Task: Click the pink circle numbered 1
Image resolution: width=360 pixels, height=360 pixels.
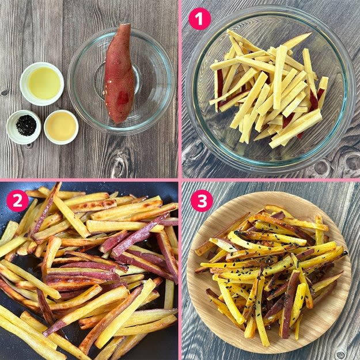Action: tap(199, 19)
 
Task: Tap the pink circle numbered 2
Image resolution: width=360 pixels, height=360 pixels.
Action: tap(17, 200)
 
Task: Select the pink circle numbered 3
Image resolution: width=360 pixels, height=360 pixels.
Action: tap(202, 200)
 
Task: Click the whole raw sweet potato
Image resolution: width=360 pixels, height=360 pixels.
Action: tap(119, 74)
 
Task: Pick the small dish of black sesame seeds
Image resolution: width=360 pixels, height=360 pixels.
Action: tap(24, 127)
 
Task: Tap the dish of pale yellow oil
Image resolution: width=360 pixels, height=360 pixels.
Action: tap(42, 84)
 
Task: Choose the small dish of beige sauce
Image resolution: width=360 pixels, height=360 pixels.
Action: tap(61, 127)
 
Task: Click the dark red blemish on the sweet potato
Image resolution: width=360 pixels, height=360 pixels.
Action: tap(123, 98)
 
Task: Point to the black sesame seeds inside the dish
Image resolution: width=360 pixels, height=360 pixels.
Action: tap(26, 126)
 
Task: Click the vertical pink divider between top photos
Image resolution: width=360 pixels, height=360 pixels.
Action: tap(180, 89)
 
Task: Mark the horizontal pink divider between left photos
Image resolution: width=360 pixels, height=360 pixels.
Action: tap(89, 180)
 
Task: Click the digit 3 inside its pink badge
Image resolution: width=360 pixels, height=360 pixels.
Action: tap(202, 201)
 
